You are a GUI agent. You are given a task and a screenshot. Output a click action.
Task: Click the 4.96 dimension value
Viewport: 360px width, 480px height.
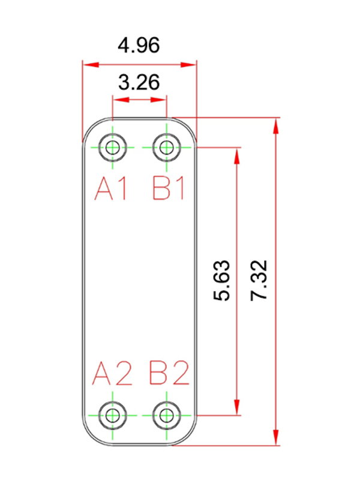139,46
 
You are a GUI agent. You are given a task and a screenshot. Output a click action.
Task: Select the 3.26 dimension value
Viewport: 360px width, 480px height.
139,82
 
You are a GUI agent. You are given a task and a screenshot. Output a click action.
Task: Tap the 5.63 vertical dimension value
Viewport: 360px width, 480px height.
221,280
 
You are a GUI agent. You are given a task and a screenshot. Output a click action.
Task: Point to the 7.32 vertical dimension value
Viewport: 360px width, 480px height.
259,280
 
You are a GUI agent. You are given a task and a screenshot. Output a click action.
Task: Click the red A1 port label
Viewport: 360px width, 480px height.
111,189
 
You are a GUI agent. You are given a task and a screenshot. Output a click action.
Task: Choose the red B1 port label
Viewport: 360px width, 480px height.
169,189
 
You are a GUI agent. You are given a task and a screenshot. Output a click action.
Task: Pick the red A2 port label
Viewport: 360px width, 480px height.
112,373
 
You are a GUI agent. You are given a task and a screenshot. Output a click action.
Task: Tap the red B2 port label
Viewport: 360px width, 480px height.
169,373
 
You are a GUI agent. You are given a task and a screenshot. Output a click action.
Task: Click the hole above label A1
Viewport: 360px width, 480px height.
113,148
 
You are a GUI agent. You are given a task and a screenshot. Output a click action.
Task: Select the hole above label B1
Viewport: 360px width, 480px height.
167,148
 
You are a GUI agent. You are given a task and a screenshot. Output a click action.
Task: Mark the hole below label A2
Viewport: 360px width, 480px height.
113,416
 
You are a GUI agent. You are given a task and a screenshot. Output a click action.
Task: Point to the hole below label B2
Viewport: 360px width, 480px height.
167,416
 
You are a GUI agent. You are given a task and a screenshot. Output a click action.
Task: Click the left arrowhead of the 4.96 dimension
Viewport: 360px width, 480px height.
91,65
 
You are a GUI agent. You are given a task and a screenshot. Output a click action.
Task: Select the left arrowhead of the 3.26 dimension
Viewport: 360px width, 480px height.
121,100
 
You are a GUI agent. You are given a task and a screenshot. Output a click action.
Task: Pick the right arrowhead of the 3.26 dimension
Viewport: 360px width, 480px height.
158,100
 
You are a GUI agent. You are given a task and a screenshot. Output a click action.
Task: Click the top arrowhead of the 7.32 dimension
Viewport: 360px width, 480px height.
276,125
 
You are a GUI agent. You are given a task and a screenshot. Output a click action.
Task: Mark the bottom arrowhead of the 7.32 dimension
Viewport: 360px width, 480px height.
276,437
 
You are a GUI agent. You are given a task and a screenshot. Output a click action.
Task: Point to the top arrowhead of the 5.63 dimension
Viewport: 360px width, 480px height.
237,155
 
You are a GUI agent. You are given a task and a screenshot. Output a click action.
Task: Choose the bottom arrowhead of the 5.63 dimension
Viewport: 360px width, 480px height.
237,407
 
